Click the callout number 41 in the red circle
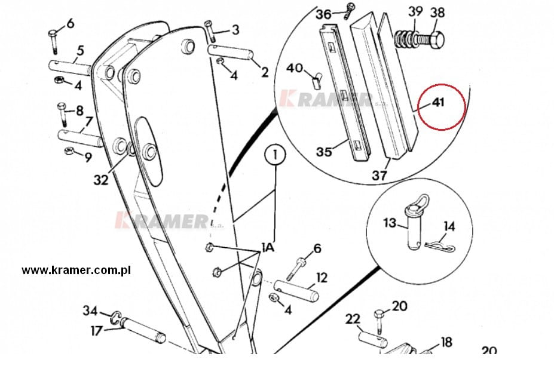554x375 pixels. point(438,103)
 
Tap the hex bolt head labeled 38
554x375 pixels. point(437,38)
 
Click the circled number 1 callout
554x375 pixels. point(276,154)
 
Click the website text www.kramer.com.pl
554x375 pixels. point(76,270)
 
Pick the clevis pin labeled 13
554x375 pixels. point(412,228)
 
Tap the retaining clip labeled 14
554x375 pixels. point(439,247)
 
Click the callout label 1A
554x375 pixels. point(268,247)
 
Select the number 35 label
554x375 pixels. point(324,152)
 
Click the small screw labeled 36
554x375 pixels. point(350,11)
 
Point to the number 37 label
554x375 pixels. point(379,175)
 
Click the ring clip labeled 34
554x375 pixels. point(117,317)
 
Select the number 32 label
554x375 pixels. point(101,180)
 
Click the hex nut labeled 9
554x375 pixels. point(69,151)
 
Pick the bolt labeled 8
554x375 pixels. point(62,115)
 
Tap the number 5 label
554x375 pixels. point(80,51)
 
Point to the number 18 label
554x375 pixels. point(446,342)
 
